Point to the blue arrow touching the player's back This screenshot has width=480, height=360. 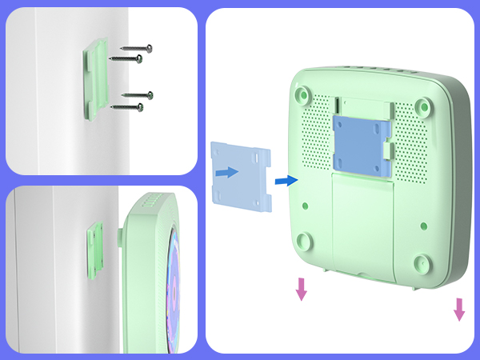point(285,182)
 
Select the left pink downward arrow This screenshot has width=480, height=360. point(301,289)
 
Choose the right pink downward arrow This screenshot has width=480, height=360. point(459,309)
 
